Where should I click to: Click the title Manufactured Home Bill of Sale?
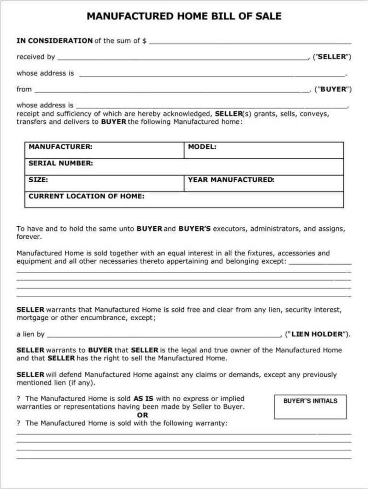184,17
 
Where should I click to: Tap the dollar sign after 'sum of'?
144,41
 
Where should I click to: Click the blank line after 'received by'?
182,58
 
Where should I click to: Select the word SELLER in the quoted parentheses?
332,57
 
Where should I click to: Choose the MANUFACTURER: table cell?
104,150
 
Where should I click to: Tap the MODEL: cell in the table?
264,150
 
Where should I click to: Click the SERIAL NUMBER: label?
61,163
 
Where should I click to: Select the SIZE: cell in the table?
104,183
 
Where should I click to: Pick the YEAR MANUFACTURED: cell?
264,183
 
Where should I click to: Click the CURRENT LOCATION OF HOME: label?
87,196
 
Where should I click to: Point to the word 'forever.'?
29,237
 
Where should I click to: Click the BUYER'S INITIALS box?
310,407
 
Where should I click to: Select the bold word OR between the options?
142,415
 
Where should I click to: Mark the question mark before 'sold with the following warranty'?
19,423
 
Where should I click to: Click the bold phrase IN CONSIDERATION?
55,41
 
